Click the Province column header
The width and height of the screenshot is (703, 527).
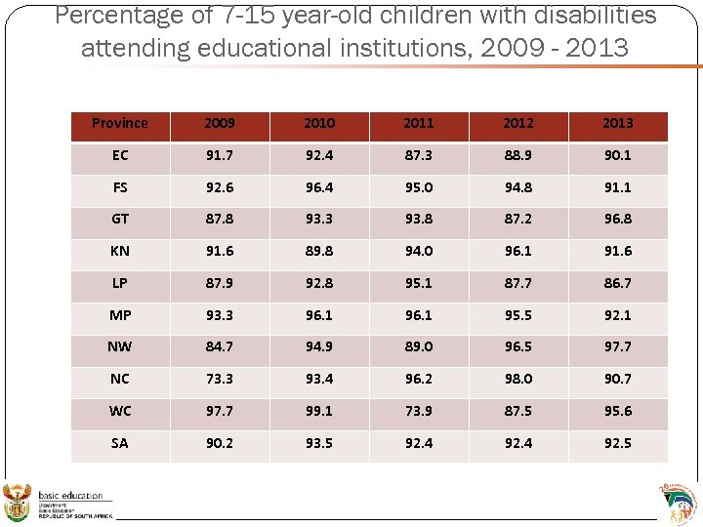pyautogui.click(x=120, y=123)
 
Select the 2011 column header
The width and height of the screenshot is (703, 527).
pyautogui.click(x=419, y=123)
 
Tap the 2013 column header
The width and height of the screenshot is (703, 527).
pyautogui.click(x=618, y=123)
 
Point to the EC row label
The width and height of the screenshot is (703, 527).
pyautogui.click(x=120, y=155)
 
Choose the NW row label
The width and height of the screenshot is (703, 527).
pyautogui.click(x=120, y=346)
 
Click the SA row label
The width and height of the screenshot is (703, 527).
pyautogui.click(x=120, y=443)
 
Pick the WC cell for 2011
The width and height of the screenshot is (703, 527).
pyautogui.click(x=419, y=411)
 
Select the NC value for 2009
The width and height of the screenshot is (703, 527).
pyautogui.click(x=220, y=379)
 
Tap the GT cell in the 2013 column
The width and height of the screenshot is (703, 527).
pyautogui.click(x=618, y=220)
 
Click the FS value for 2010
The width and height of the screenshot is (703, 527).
pyautogui.click(x=319, y=187)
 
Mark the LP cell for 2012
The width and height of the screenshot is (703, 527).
pyautogui.click(x=518, y=283)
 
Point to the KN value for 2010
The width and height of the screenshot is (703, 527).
pyautogui.click(x=319, y=251)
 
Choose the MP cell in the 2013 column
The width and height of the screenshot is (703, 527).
pyautogui.click(x=618, y=315)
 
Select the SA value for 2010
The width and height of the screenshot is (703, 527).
pyautogui.click(x=319, y=443)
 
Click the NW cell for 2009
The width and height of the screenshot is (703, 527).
pyautogui.click(x=220, y=346)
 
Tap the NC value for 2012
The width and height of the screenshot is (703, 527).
pyautogui.click(x=518, y=379)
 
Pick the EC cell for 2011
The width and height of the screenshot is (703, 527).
pyautogui.click(x=419, y=155)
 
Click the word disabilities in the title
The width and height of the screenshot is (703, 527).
pyautogui.click(x=594, y=16)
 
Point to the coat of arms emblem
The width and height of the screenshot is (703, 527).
pyautogui.click(x=19, y=503)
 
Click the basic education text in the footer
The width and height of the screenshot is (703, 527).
pyautogui.click(x=70, y=497)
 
